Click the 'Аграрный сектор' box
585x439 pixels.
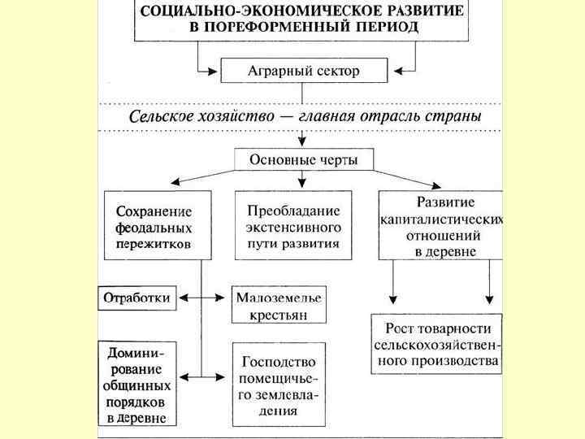303,71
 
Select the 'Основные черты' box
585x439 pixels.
302,158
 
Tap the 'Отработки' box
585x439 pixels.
136,298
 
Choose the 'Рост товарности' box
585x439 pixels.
437,344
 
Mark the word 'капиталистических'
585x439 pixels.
442,219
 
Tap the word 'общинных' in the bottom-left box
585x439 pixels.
137,385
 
